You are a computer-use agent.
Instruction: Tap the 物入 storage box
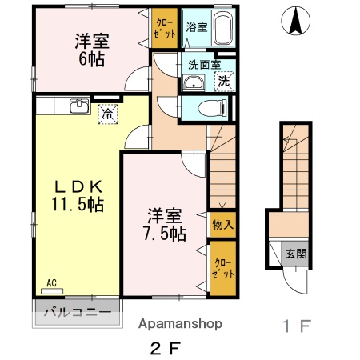222,225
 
